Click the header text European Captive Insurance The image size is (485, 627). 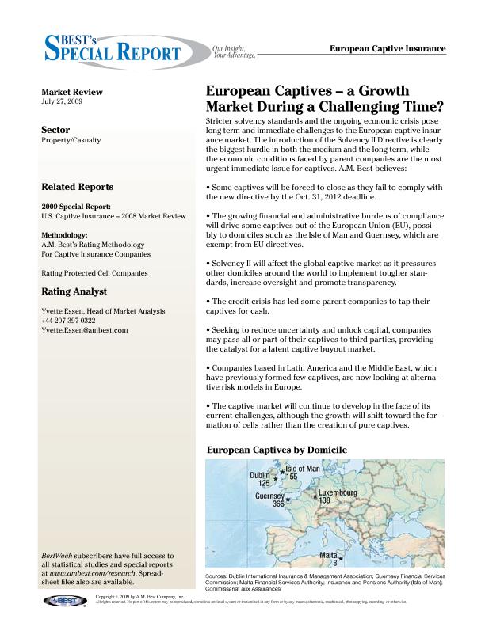point(387,49)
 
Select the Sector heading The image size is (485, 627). point(55,129)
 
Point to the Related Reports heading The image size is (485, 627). point(77,188)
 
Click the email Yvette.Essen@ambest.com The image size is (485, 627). point(84,330)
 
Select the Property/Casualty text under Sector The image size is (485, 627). point(71,140)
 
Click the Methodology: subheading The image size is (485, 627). point(66,236)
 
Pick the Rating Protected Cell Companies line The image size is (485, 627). point(94,273)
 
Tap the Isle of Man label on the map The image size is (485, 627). point(303,469)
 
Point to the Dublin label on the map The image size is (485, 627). point(260,476)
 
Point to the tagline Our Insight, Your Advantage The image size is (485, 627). point(235,52)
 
